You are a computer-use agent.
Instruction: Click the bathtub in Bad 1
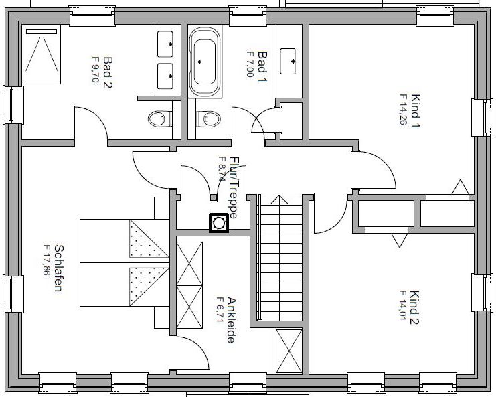click(205, 62)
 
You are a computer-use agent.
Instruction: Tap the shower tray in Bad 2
click(41, 54)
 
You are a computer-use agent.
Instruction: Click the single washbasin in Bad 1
click(288, 61)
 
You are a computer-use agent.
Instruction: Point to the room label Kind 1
click(415, 110)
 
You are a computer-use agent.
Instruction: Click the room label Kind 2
click(414, 307)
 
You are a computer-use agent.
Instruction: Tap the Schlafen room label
click(58, 268)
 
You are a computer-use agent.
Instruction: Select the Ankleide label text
click(231, 320)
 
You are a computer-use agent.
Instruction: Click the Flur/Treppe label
click(234, 187)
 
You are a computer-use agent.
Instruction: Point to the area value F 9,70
click(95, 69)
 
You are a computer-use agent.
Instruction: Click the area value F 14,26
click(403, 109)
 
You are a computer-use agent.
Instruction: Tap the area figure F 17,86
click(47, 260)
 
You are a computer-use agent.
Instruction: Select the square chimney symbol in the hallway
click(219, 224)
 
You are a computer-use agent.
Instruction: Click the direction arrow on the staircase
click(280, 200)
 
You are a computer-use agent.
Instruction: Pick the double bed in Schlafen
click(125, 262)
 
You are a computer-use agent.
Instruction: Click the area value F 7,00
click(250, 64)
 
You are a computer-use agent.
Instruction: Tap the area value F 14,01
click(402, 305)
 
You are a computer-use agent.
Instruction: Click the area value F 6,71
click(220, 309)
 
